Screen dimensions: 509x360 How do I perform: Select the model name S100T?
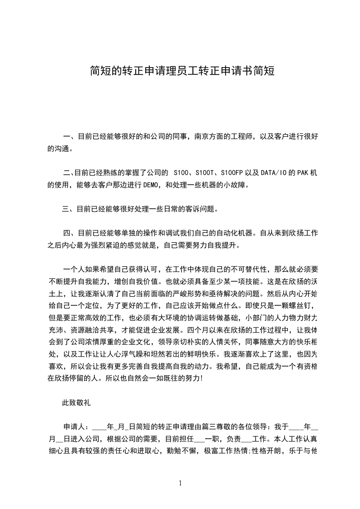coord(204,173)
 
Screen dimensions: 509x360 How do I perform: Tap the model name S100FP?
coord(232,173)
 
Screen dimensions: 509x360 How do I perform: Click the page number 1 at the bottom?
coord(180,483)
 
